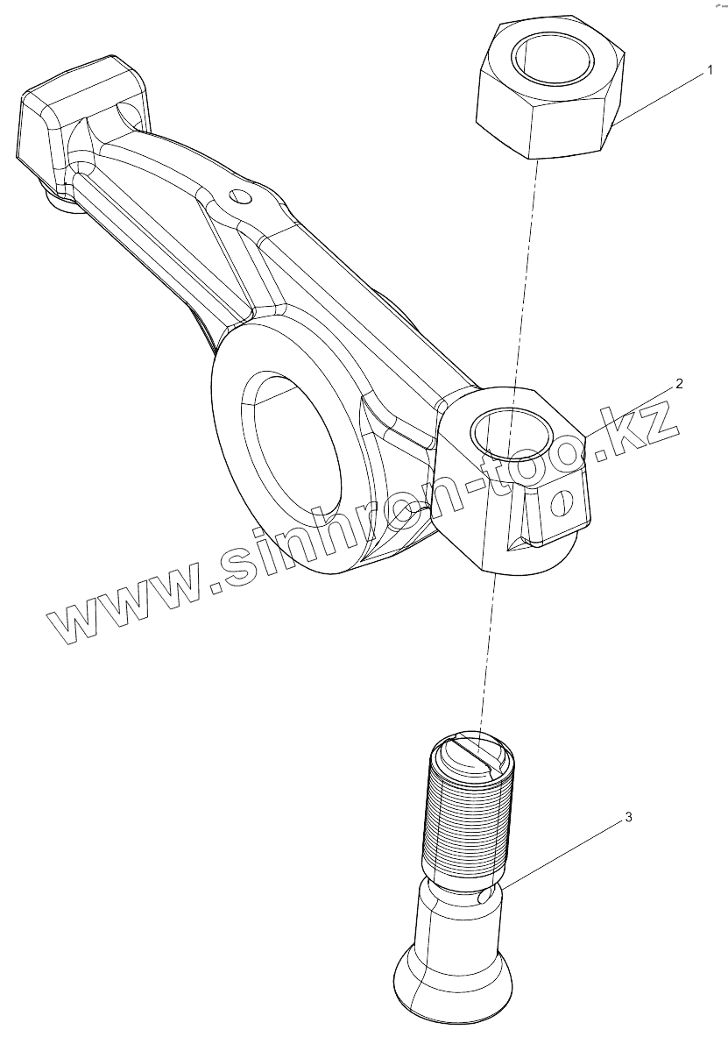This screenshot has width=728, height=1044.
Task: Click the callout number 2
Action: [679, 383]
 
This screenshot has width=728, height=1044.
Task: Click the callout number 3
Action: [627, 817]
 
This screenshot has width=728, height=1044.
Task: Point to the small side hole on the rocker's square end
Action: [560, 502]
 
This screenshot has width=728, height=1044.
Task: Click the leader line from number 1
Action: [662, 98]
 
